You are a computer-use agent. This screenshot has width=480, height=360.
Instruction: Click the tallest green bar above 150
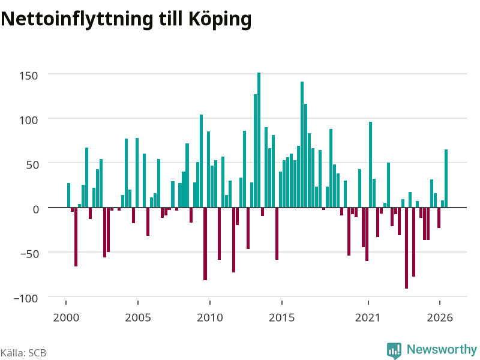[x=259, y=140]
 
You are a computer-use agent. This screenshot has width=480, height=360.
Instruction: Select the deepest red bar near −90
[x=407, y=248]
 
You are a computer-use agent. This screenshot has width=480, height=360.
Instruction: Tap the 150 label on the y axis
[x=28, y=76]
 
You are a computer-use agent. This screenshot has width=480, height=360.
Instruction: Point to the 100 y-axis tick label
[x=28, y=120]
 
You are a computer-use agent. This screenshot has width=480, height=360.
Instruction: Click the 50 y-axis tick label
[x=32, y=164]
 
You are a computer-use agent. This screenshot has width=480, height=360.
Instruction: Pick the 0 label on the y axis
[x=36, y=209]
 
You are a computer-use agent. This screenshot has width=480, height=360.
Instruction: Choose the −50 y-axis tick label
[x=29, y=254]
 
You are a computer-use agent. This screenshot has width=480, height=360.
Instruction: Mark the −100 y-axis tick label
[x=26, y=298]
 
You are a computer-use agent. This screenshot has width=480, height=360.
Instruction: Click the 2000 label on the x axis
[x=66, y=317]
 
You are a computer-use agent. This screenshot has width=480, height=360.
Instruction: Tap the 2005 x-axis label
[x=138, y=317]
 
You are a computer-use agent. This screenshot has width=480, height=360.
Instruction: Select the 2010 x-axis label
[x=210, y=317]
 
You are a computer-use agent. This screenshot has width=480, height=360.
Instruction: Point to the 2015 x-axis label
[x=282, y=317]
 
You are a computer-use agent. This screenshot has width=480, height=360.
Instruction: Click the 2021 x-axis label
[x=368, y=317]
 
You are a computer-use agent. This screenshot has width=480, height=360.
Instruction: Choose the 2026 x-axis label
[x=440, y=317]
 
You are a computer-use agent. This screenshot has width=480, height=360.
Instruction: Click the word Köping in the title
[x=220, y=19]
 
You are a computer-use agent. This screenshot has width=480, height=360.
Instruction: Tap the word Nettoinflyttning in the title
[x=77, y=19]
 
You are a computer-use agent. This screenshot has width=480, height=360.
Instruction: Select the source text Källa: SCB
[x=23, y=353]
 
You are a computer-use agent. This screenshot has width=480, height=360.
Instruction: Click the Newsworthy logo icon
[x=394, y=350]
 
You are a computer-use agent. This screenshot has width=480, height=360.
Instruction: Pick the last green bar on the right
[x=446, y=178]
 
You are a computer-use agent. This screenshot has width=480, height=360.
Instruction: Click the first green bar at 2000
[x=68, y=196]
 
